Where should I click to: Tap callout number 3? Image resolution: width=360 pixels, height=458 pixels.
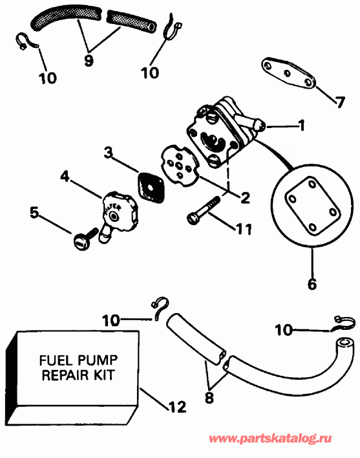(x=109, y=153)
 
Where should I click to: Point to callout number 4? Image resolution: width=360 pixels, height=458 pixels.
(x=65, y=175)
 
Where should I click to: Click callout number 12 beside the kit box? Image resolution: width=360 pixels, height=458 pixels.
(x=176, y=407)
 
